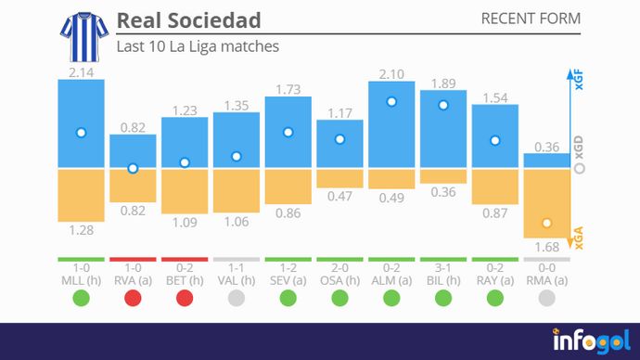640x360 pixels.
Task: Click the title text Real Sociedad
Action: (188, 20)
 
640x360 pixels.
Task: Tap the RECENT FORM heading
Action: (531, 19)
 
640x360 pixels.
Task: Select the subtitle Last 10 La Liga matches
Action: (197, 45)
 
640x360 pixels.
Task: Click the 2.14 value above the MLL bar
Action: (81, 71)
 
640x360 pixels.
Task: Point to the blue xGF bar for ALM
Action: (391, 124)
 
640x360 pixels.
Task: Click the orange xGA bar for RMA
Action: (547, 203)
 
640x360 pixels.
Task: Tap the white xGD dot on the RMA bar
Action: (547, 224)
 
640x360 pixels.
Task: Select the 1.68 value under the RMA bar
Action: (547, 246)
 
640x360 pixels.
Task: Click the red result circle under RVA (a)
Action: (133, 299)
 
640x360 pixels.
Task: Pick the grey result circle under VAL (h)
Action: (237, 299)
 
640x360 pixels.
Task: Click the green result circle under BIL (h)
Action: (443, 299)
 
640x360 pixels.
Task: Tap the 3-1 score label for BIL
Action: (443, 267)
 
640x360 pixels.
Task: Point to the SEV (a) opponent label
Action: (288, 279)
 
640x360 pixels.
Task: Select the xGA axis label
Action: (579, 243)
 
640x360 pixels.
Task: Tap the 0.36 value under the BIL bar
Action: (443, 192)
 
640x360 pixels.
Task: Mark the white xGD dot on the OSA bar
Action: (339, 139)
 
